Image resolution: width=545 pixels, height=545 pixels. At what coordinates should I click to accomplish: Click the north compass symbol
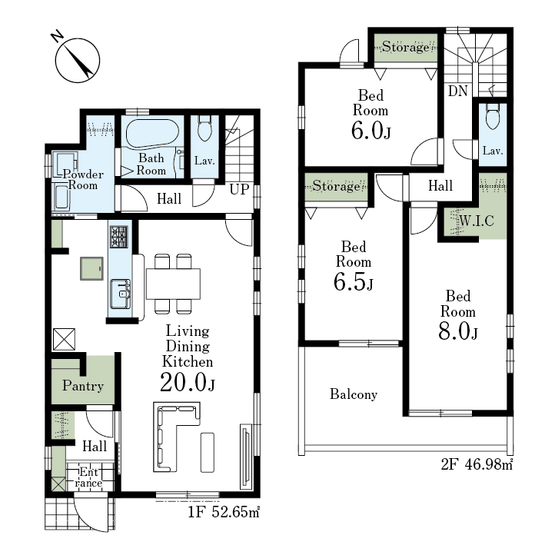(77, 60)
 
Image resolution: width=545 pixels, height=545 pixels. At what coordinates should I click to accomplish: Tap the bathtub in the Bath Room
(152, 134)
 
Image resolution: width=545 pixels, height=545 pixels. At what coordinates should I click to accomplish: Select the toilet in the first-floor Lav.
(204, 128)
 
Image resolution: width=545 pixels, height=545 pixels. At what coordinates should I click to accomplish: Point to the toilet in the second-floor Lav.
(492, 116)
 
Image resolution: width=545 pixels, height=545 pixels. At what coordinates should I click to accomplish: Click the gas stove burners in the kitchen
(119, 236)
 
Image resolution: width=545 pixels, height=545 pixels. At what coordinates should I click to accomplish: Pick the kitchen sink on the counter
(120, 294)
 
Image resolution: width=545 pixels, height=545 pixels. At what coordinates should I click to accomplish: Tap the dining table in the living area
(173, 284)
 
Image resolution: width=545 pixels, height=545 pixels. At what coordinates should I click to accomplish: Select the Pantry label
(83, 385)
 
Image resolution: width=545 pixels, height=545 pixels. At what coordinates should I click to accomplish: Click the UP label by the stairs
(239, 189)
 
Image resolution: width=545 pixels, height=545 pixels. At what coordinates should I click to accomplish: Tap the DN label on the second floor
(458, 91)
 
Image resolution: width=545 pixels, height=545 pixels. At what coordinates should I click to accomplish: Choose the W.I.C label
(477, 221)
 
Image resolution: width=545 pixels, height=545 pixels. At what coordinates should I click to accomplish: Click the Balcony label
(354, 394)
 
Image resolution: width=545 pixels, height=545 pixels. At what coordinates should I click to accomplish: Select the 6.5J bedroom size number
(353, 281)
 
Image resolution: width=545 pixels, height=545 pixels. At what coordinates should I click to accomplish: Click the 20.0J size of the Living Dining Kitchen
(188, 382)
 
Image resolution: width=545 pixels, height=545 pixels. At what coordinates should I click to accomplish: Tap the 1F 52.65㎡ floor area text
(224, 512)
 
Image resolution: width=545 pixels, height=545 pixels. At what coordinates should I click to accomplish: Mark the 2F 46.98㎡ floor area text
(477, 464)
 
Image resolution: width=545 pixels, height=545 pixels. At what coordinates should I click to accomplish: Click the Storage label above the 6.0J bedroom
(406, 47)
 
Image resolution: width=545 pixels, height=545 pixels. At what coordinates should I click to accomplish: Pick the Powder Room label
(83, 179)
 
